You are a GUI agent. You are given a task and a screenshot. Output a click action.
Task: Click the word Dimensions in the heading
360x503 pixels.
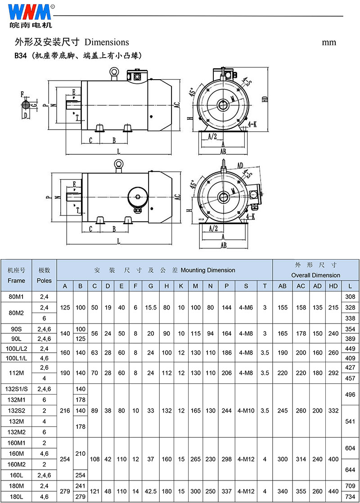(107, 42)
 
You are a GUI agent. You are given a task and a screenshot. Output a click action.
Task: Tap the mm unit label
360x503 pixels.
(329, 42)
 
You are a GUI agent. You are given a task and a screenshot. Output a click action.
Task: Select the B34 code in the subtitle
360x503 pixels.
(20, 55)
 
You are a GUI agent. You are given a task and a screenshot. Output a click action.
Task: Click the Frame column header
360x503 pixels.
(17, 280)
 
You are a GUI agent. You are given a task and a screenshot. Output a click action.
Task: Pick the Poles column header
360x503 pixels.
(45, 280)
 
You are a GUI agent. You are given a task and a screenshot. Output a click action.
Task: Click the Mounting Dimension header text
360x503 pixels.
(208, 270)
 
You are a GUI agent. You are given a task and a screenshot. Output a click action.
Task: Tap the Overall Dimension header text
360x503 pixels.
(315, 275)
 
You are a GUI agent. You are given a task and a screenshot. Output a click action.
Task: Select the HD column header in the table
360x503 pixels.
(333, 287)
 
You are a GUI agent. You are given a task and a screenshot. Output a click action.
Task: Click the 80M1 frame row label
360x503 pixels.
(17, 296)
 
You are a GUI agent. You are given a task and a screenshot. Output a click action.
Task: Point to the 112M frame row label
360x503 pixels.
(17, 372)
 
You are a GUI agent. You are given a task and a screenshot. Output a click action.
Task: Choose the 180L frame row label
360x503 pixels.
(17, 497)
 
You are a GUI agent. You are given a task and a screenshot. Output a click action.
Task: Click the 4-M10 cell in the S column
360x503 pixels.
(246, 410)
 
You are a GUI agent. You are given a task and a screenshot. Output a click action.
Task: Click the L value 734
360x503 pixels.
(350, 497)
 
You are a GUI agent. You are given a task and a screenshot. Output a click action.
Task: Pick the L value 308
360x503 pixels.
(350, 296)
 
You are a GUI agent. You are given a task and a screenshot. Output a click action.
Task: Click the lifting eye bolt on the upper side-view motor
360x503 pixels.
(113, 72)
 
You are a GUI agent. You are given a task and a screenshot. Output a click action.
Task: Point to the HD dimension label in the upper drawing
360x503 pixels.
(265, 99)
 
